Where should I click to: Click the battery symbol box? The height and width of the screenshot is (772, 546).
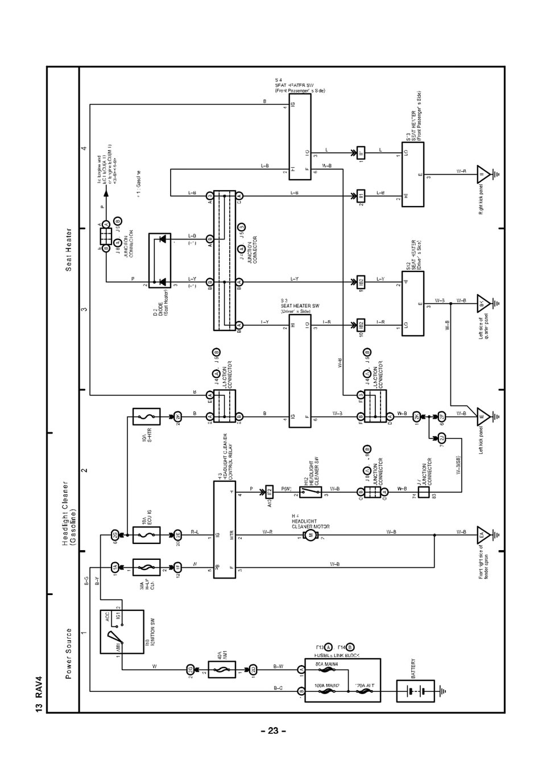point(415,692)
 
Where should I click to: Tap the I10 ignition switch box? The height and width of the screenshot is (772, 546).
point(122,631)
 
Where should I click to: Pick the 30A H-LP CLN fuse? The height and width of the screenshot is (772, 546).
point(146,567)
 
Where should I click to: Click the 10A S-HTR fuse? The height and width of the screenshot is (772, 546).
point(146,416)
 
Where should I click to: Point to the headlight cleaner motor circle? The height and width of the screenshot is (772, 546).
point(311,535)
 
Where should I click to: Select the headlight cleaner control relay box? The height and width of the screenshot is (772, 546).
point(224,530)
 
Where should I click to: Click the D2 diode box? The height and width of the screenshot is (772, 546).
point(164,259)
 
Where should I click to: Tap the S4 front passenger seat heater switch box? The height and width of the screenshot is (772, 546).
point(300,137)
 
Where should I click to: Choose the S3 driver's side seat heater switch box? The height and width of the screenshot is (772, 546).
point(300,371)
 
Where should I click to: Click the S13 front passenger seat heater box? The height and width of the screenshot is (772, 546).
point(412,175)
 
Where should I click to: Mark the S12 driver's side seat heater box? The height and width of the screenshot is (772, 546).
point(412,303)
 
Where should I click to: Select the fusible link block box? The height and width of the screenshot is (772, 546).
point(342,680)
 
